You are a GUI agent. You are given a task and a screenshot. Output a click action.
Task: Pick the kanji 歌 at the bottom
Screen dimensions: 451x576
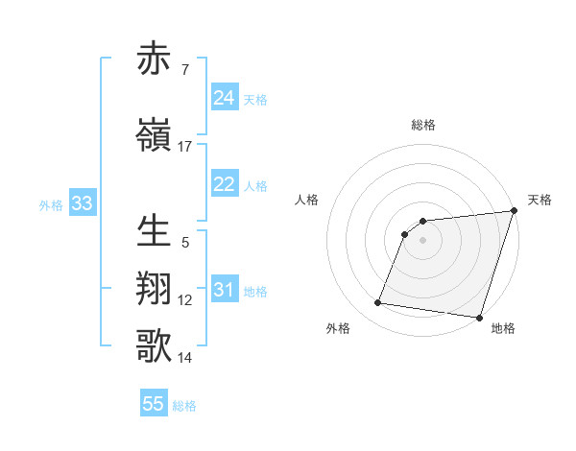click(155, 346)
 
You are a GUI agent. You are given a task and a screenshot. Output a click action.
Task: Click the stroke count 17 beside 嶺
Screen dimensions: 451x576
click(185, 147)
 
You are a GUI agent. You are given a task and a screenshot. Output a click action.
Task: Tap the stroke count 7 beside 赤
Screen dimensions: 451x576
click(185, 69)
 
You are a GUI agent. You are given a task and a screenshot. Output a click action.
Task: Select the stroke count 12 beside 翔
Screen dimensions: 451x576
click(185, 300)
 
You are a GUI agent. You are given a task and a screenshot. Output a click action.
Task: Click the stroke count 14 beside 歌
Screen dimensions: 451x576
click(185, 358)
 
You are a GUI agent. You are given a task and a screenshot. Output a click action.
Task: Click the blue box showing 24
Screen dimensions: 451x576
click(224, 98)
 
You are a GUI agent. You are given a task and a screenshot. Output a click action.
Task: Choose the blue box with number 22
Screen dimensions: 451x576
click(224, 184)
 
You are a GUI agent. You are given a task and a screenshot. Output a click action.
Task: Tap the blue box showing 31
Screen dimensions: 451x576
click(224, 290)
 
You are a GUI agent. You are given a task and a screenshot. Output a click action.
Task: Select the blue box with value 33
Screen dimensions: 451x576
click(82, 203)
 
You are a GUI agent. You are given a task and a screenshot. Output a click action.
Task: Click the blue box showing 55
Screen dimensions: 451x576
click(154, 404)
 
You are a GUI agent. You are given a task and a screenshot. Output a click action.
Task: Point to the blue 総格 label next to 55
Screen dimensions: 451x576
click(184, 406)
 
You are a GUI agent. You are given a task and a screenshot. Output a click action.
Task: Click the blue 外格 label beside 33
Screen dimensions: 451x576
click(51, 204)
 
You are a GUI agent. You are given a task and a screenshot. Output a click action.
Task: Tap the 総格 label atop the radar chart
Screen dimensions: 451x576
click(422, 125)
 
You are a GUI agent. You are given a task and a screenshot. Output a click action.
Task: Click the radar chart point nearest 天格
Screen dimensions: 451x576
click(514, 212)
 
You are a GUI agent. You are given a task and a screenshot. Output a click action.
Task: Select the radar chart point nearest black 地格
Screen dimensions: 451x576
click(479, 318)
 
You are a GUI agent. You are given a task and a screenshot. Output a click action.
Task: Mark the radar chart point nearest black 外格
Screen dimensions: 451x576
click(377, 303)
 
